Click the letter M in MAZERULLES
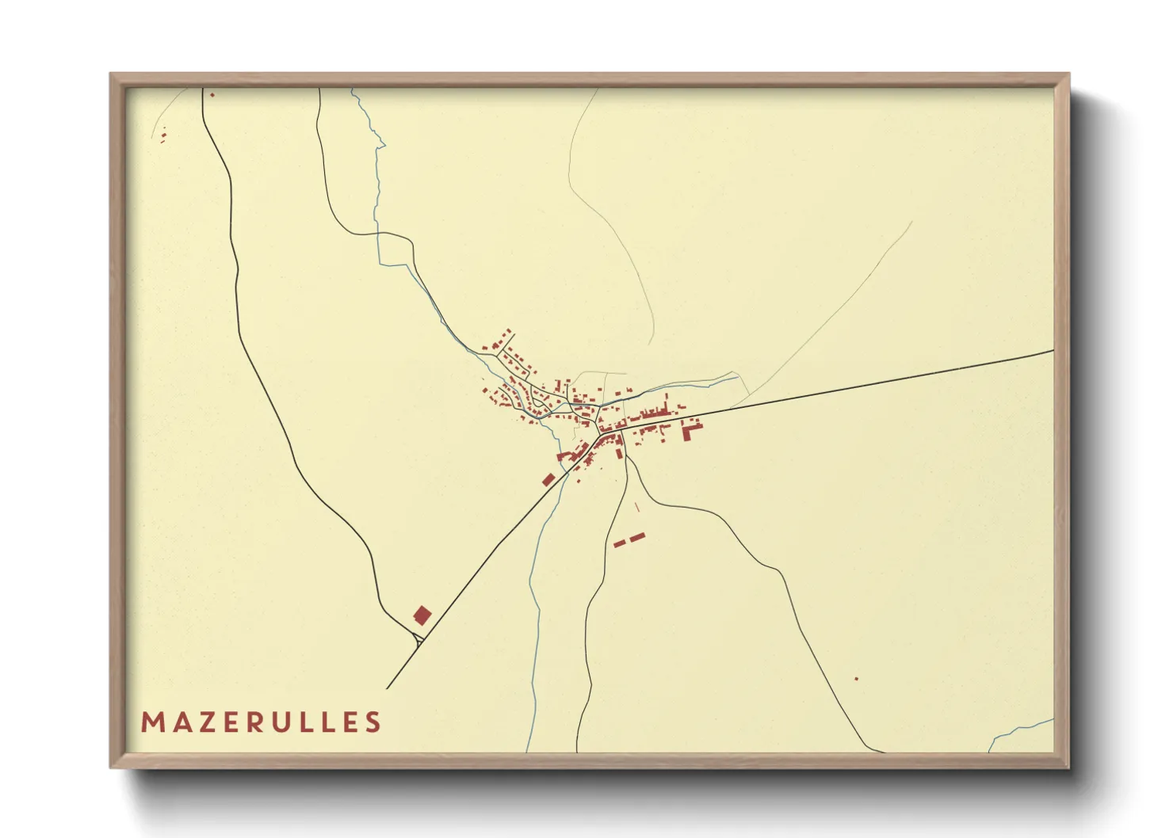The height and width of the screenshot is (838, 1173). pyautogui.click(x=151, y=722)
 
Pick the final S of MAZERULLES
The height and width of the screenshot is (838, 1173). pyautogui.click(x=373, y=722)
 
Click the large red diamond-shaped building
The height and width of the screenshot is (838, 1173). pyautogui.click(x=422, y=615)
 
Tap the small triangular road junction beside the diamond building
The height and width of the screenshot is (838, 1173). pyautogui.click(x=417, y=639)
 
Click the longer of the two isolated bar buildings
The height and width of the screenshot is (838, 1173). pyautogui.click(x=637, y=537)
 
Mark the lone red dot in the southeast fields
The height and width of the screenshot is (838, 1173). pyautogui.click(x=856, y=678)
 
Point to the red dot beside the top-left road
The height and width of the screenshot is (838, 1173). pyautogui.click(x=212, y=94)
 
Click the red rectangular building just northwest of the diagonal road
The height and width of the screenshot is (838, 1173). pyautogui.click(x=548, y=478)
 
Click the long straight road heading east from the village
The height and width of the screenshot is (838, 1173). pyautogui.click(x=872, y=384)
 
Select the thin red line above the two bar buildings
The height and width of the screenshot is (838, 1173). pyautogui.click(x=637, y=506)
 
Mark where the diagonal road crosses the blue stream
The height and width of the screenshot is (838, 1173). pyautogui.click(x=565, y=474)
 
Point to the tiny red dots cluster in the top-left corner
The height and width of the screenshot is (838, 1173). pyautogui.click(x=164, y=136)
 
